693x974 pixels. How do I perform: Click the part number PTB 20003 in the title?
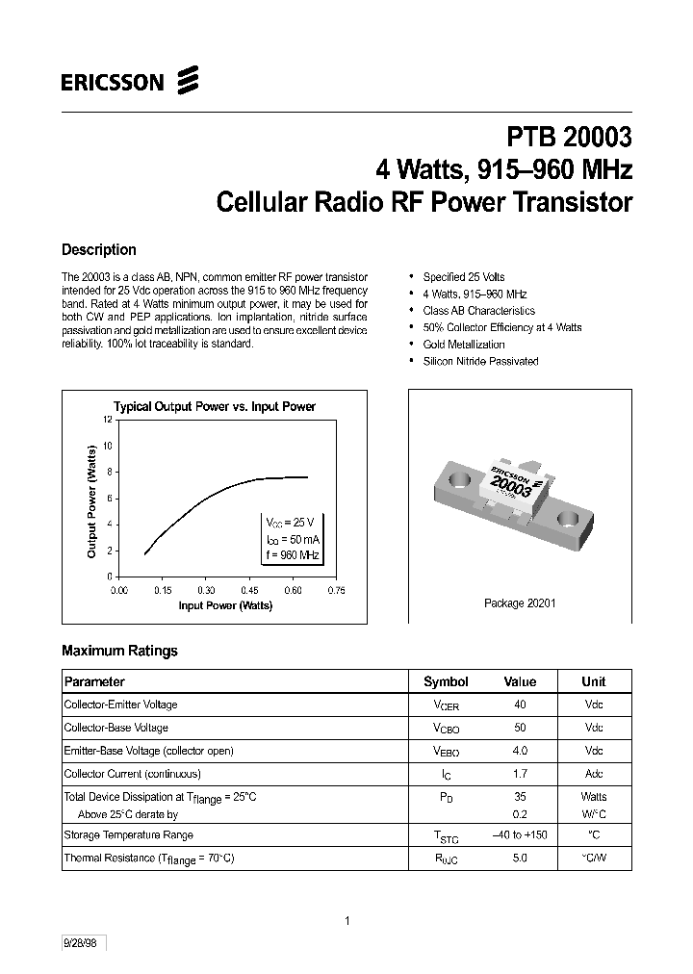(x=569, y=139)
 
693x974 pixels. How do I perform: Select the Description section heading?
(x=98, y=250)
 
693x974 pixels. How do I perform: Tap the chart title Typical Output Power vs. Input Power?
(x=215, y=406)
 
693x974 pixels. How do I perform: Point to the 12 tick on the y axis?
(x=108, y=420)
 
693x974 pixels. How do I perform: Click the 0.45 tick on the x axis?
(x=249, y=590)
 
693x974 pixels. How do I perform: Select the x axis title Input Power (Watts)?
(x=225, y=605)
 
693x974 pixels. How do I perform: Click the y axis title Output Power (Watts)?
(x=92, y=500)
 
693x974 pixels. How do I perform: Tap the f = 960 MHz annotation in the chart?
(x=293, y=555)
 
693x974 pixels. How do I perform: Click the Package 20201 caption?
(x=520, y=603)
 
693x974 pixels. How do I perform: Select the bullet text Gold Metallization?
(x=463, y=344)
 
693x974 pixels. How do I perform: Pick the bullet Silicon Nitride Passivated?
(x=480, y=361)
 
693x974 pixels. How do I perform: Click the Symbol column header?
(x=446, y=681)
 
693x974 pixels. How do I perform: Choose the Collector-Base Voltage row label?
(x=115, y=728)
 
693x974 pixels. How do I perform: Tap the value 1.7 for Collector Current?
(x=520, y=774)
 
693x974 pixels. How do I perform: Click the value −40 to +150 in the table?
(x=520, y=834)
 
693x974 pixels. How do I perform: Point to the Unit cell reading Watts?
(x=594, y=797)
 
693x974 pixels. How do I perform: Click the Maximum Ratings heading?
(x=119, y=651)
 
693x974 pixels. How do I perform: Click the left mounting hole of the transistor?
(x=458, y=478)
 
